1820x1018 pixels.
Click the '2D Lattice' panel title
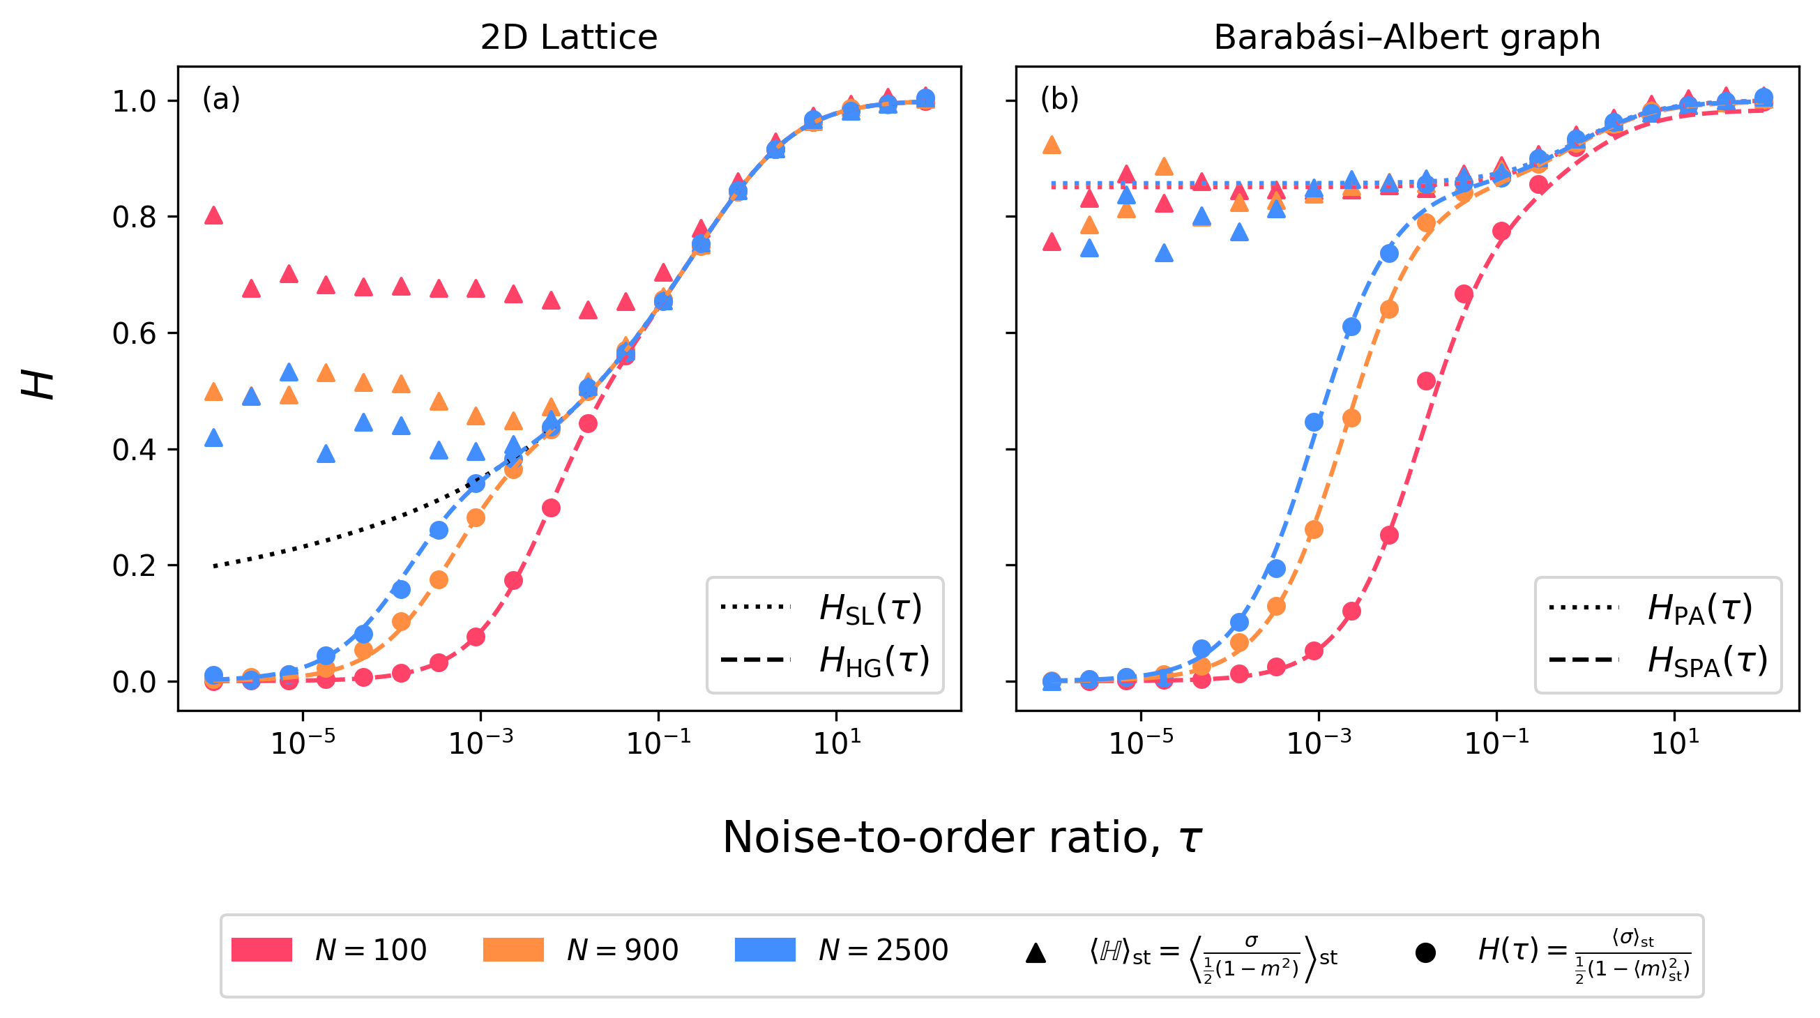pyautogui.click(x=569, y=37)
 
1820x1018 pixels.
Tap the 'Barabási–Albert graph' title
pyautogui.click(x=1406, y=37)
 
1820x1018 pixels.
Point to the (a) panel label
pyautogui.click(x=221, y=99)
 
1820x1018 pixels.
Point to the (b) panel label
pyautogui.click(x=1059, y=99)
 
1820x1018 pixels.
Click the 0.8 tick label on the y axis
pyautogui.click(x=135, y=217)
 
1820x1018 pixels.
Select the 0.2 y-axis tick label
pyautogui.click(x=135, y=566)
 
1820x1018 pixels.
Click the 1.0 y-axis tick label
pyautogui.click(x=135, y=101)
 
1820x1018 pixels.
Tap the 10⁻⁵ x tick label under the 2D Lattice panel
pyautogui.click(x=303, y=742)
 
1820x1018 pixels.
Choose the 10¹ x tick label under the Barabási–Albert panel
pyautogui.click(x=1674, y=742)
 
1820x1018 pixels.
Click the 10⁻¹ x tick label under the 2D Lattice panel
pyautogui.click(x=658, y=742)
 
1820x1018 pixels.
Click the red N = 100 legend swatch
pyautogui.click(x=261, y=950)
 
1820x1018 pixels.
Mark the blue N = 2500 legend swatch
pyautogui.click(x=764, y=950)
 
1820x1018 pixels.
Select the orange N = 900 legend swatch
pyautogui.click(x=513, y=950)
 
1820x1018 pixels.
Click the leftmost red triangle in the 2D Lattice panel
pyautogui.click(x=213, y=216)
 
